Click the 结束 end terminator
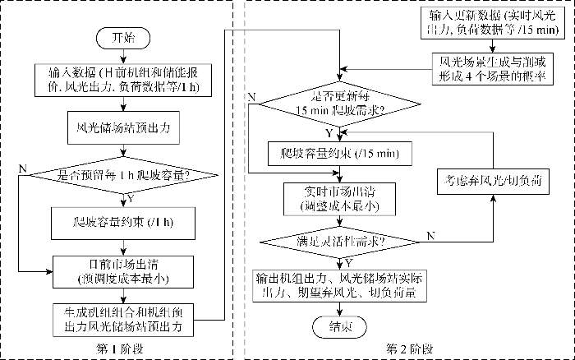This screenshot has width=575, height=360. (337, 326)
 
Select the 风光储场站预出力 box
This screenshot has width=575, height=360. (122, 127)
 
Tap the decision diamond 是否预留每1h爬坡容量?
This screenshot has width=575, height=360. (122, 174)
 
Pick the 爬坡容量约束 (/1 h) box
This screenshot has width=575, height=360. (122, 222)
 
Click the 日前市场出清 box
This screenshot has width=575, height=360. (122, 270)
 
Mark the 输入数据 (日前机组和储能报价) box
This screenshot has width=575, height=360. (122, 79)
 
